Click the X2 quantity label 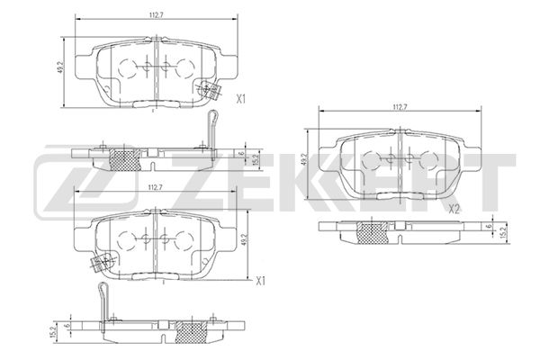click(x=454, y=209)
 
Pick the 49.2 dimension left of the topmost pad click(x=60, y=66)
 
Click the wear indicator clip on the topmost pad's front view click(x=212, y=89)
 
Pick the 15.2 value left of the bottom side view click(x=55, y=329)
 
